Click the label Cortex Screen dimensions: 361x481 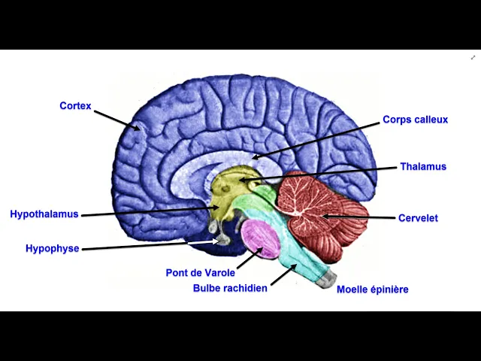click(75, 106)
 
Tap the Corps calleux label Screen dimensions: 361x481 click(415, 120)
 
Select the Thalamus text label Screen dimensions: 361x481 click(423, 167)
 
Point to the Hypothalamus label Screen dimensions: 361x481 click(44, 214)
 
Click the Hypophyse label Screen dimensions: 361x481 click(52, 248)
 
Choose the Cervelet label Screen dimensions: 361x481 click(419, 218)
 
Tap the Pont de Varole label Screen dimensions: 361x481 click(200, 273)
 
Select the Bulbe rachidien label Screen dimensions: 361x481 click(230, 288)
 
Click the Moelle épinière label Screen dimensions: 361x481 click(372, 290)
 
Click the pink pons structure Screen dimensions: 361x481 click(260, 237)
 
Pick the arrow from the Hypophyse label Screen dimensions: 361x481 click(150, 245)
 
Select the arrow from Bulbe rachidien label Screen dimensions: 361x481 click(283, 275)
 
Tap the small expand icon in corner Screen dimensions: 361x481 click(473, 57)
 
